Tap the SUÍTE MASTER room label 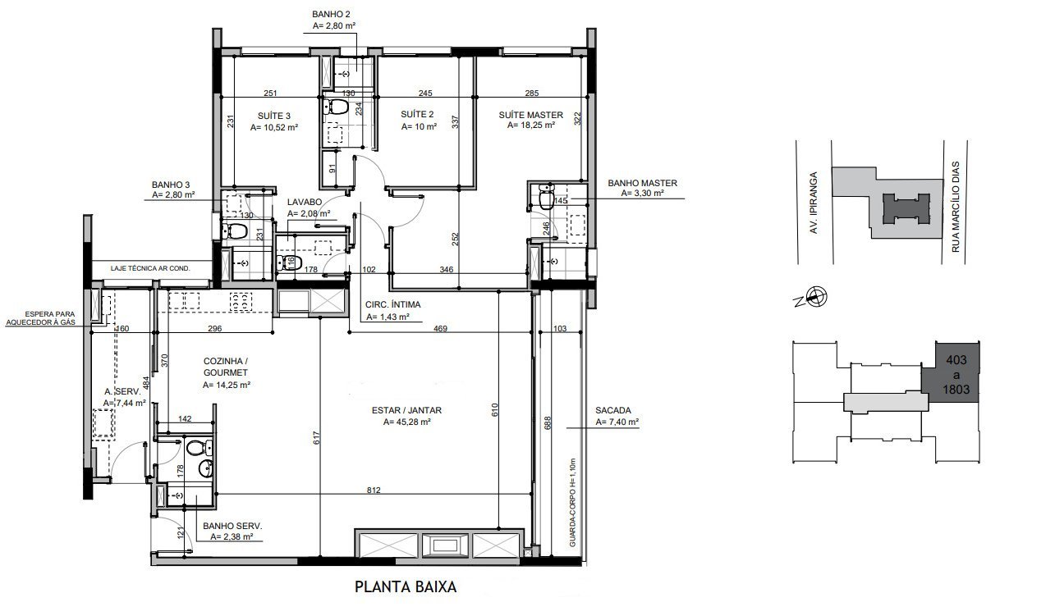(530, 115)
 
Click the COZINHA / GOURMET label (225, 367)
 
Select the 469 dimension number (440, 328)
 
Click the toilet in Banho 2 (337, 107)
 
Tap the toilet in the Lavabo (287, 262)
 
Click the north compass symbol (816, 298)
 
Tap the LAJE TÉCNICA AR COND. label (153, 268)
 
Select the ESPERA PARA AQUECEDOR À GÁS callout (42, 318)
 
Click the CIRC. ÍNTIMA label (392, 304)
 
